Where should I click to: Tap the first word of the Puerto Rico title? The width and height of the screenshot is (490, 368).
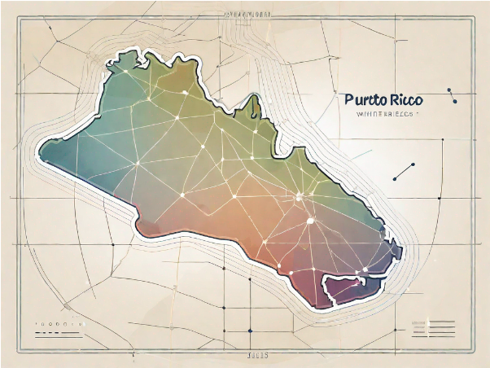tap(363, 100)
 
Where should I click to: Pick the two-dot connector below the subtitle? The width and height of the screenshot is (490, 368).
tap(403, 171)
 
